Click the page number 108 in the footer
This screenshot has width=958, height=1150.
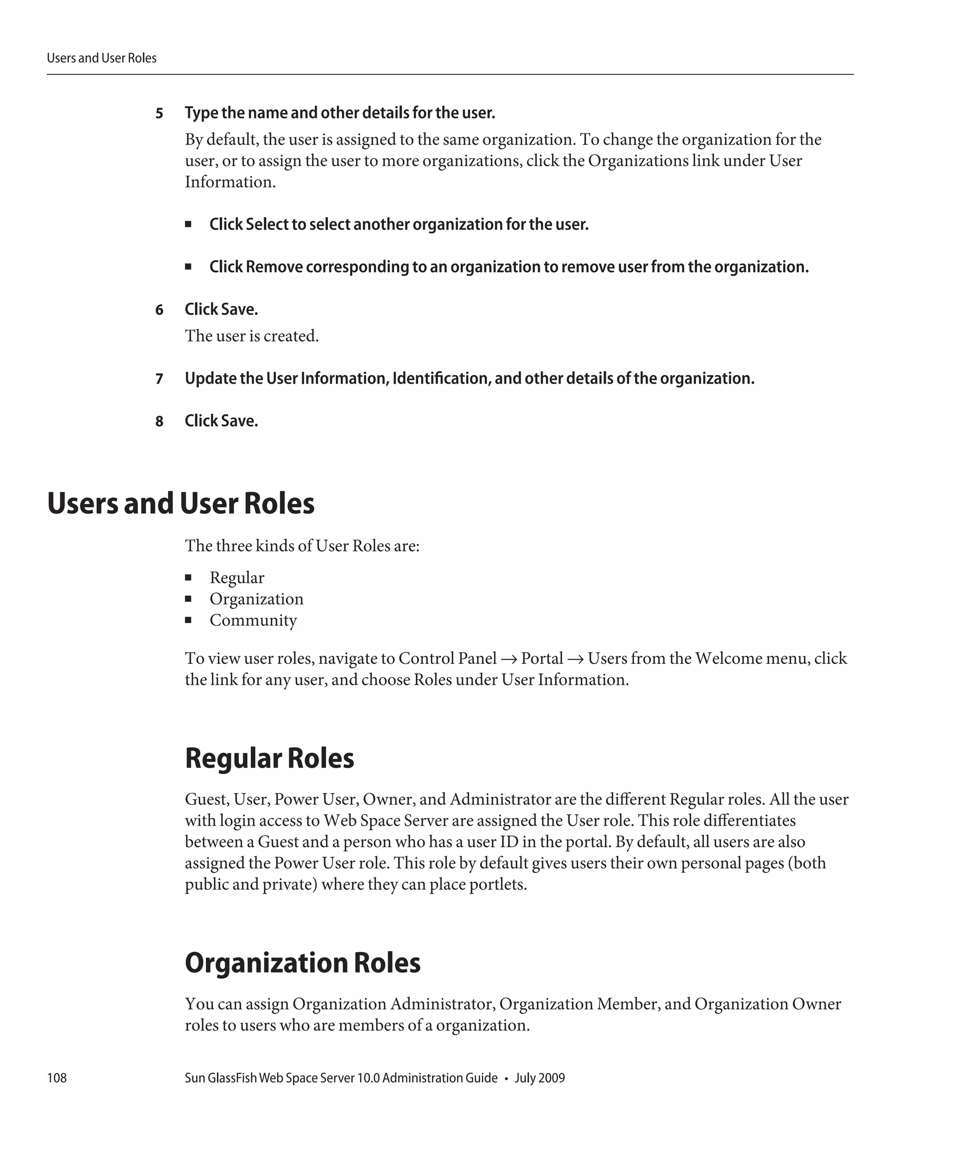click(57, 1077)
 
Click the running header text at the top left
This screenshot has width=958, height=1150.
click(102, 58)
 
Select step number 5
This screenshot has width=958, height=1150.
click(160, 113)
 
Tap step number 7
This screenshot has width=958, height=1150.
click(160, 379)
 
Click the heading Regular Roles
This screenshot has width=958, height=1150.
click(269, 758)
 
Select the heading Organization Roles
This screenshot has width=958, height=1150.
click(302, 963)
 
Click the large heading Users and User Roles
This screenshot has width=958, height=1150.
click(181, 503)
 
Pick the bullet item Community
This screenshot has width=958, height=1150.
click(253, 620)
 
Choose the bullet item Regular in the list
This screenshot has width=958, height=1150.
click(237, 578)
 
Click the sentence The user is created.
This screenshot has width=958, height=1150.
click(251, 336)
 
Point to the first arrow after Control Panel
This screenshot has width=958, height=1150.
click(508, 659)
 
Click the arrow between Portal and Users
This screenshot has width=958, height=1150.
click(575, 659)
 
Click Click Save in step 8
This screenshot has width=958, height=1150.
click(221, 421)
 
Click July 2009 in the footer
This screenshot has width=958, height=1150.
click(539, 1077)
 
